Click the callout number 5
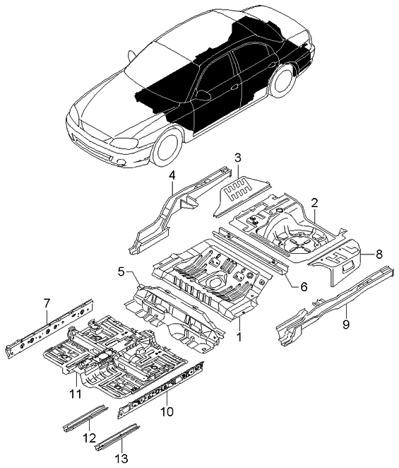[121, 271]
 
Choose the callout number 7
[47, 303]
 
